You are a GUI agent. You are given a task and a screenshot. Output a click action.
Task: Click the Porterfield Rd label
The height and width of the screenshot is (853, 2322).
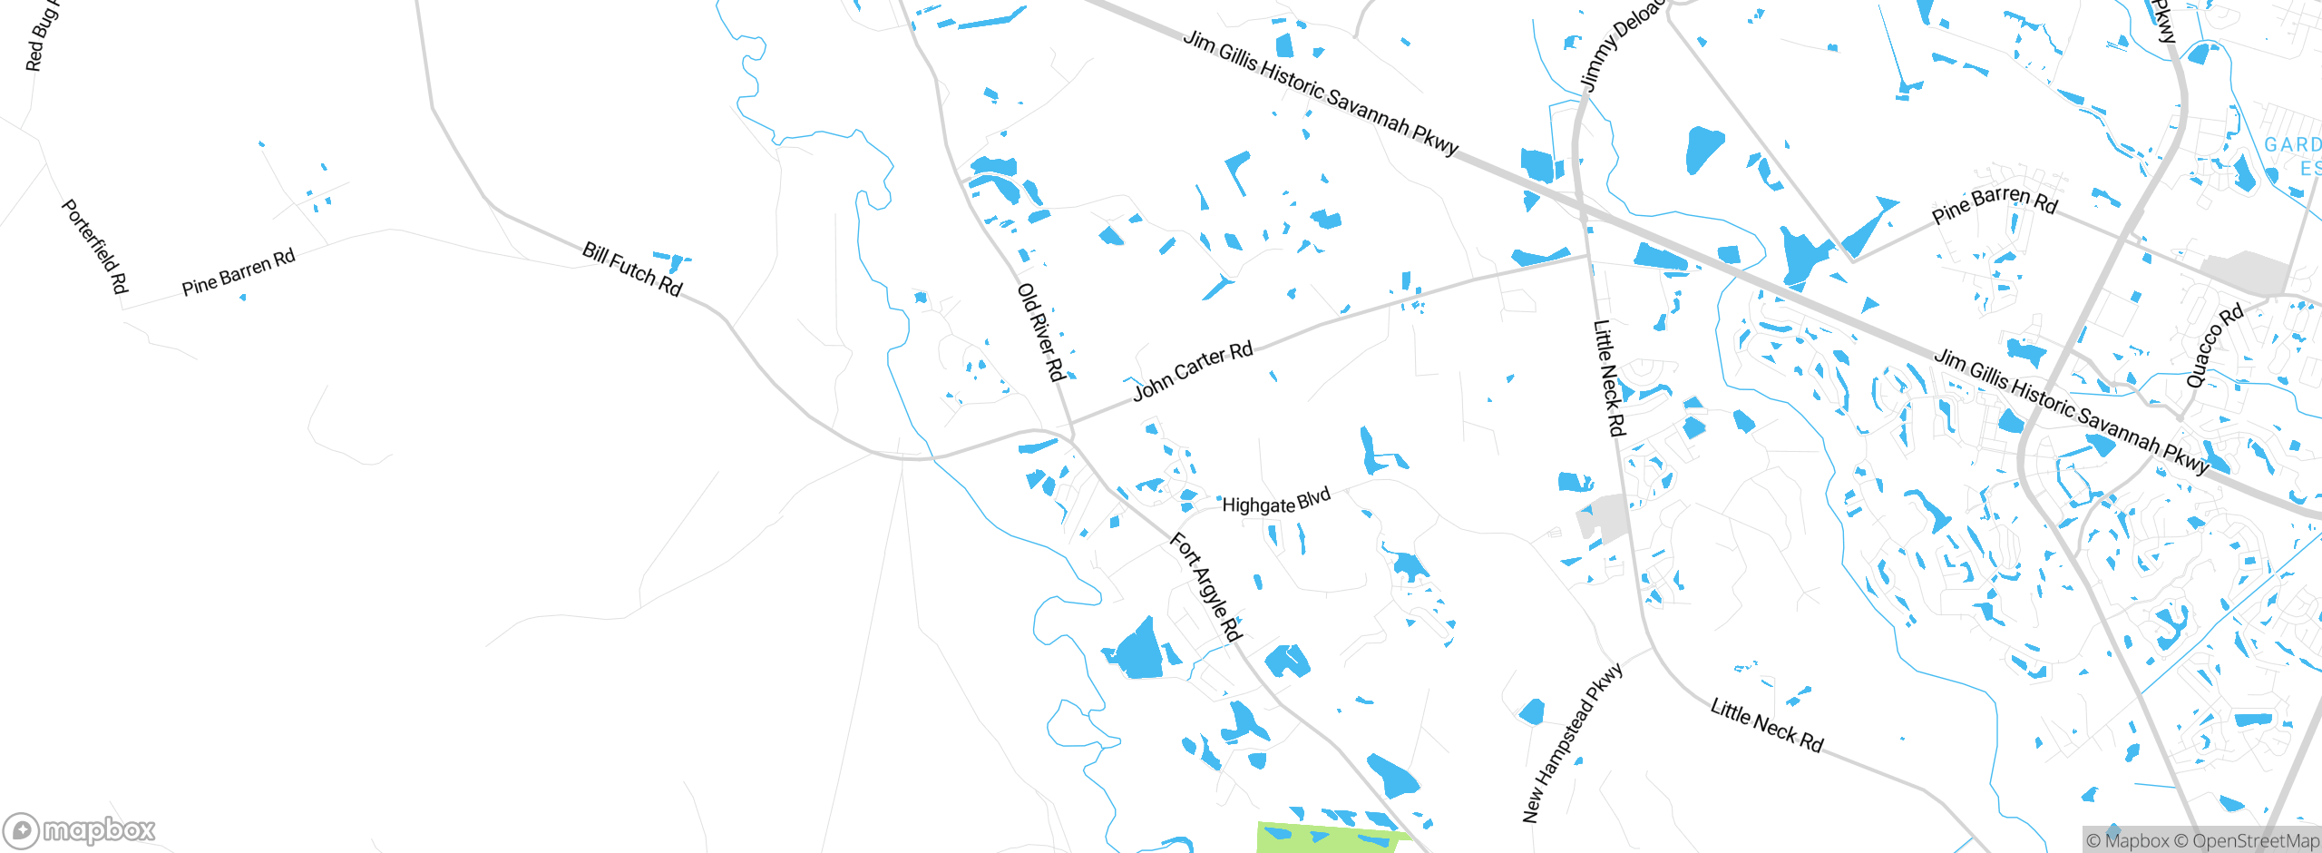tap(94, 246)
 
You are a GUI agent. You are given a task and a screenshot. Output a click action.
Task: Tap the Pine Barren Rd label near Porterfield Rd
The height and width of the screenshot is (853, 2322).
tap(239, 272)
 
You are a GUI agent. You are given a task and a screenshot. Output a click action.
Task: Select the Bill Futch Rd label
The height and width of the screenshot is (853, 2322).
tap(632, 269)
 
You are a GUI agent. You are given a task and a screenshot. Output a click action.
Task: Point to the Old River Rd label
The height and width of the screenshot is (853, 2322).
tap(1040, 332)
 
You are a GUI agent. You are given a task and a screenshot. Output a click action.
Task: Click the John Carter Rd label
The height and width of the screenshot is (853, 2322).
tap(1193, 370)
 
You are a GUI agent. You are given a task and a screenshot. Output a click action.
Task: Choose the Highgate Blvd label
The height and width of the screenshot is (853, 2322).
tap(1276, 502)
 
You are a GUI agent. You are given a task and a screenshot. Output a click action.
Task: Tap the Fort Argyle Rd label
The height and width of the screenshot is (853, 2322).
tap(1205, 586)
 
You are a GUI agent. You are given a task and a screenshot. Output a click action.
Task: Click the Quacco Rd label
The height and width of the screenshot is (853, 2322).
tap(2214, 346)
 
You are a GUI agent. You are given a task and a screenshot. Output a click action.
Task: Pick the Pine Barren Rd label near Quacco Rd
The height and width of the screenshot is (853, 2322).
tap(1995, 204)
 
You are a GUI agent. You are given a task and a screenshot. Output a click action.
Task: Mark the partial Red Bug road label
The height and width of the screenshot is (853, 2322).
tap(40, 36)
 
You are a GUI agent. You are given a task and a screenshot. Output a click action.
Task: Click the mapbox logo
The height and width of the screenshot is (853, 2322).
tap(80, 830)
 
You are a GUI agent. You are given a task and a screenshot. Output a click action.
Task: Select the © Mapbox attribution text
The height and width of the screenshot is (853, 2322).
tap(2128, 841)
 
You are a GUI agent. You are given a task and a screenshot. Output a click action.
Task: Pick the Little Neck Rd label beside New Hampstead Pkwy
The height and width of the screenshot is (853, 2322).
tap(1766, 724)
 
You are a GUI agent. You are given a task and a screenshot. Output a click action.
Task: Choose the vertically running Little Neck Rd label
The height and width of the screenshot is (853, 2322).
tap(1608, 377)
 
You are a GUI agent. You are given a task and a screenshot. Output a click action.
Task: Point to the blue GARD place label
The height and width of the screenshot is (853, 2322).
tap(2292, 145)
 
